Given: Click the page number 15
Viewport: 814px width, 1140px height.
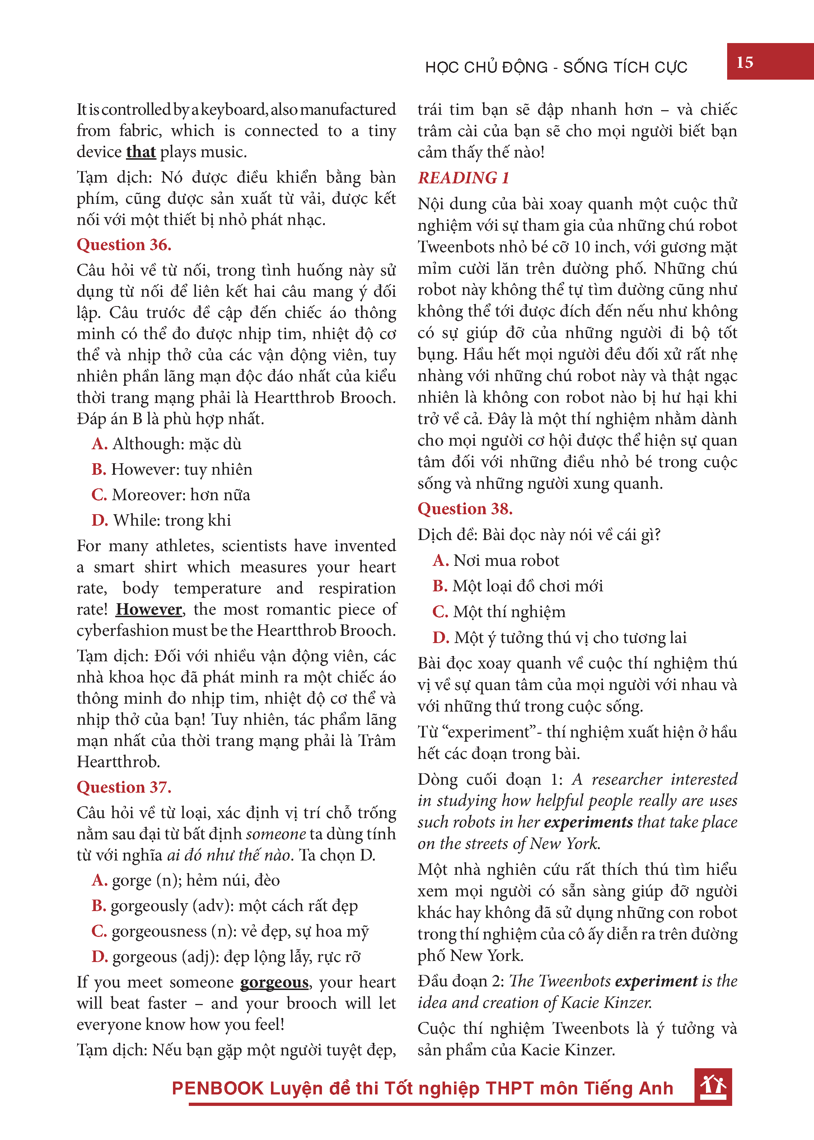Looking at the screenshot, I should pos(744,62).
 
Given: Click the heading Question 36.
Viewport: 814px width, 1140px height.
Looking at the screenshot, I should pos(124,244).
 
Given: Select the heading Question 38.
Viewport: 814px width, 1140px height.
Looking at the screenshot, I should pos(465,508).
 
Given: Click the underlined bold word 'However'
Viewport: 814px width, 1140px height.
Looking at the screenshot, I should pos(149,609).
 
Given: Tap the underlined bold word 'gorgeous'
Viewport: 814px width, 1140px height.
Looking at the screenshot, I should pos(274,982).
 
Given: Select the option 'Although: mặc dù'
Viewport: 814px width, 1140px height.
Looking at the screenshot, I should pos(167,444).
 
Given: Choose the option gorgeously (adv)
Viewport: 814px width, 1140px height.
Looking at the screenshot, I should pos(225,906).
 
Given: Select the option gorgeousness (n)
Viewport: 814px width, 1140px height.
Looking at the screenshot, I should pos(230,932).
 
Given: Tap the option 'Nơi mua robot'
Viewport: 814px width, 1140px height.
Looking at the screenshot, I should pos(496,560).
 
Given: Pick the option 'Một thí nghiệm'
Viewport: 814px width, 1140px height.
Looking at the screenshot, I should pos(499,612).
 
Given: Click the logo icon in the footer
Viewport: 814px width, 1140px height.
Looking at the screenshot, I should pos(713,1086).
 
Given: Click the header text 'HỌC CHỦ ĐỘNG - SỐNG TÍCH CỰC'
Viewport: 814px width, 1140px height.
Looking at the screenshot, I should pos(556,67).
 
